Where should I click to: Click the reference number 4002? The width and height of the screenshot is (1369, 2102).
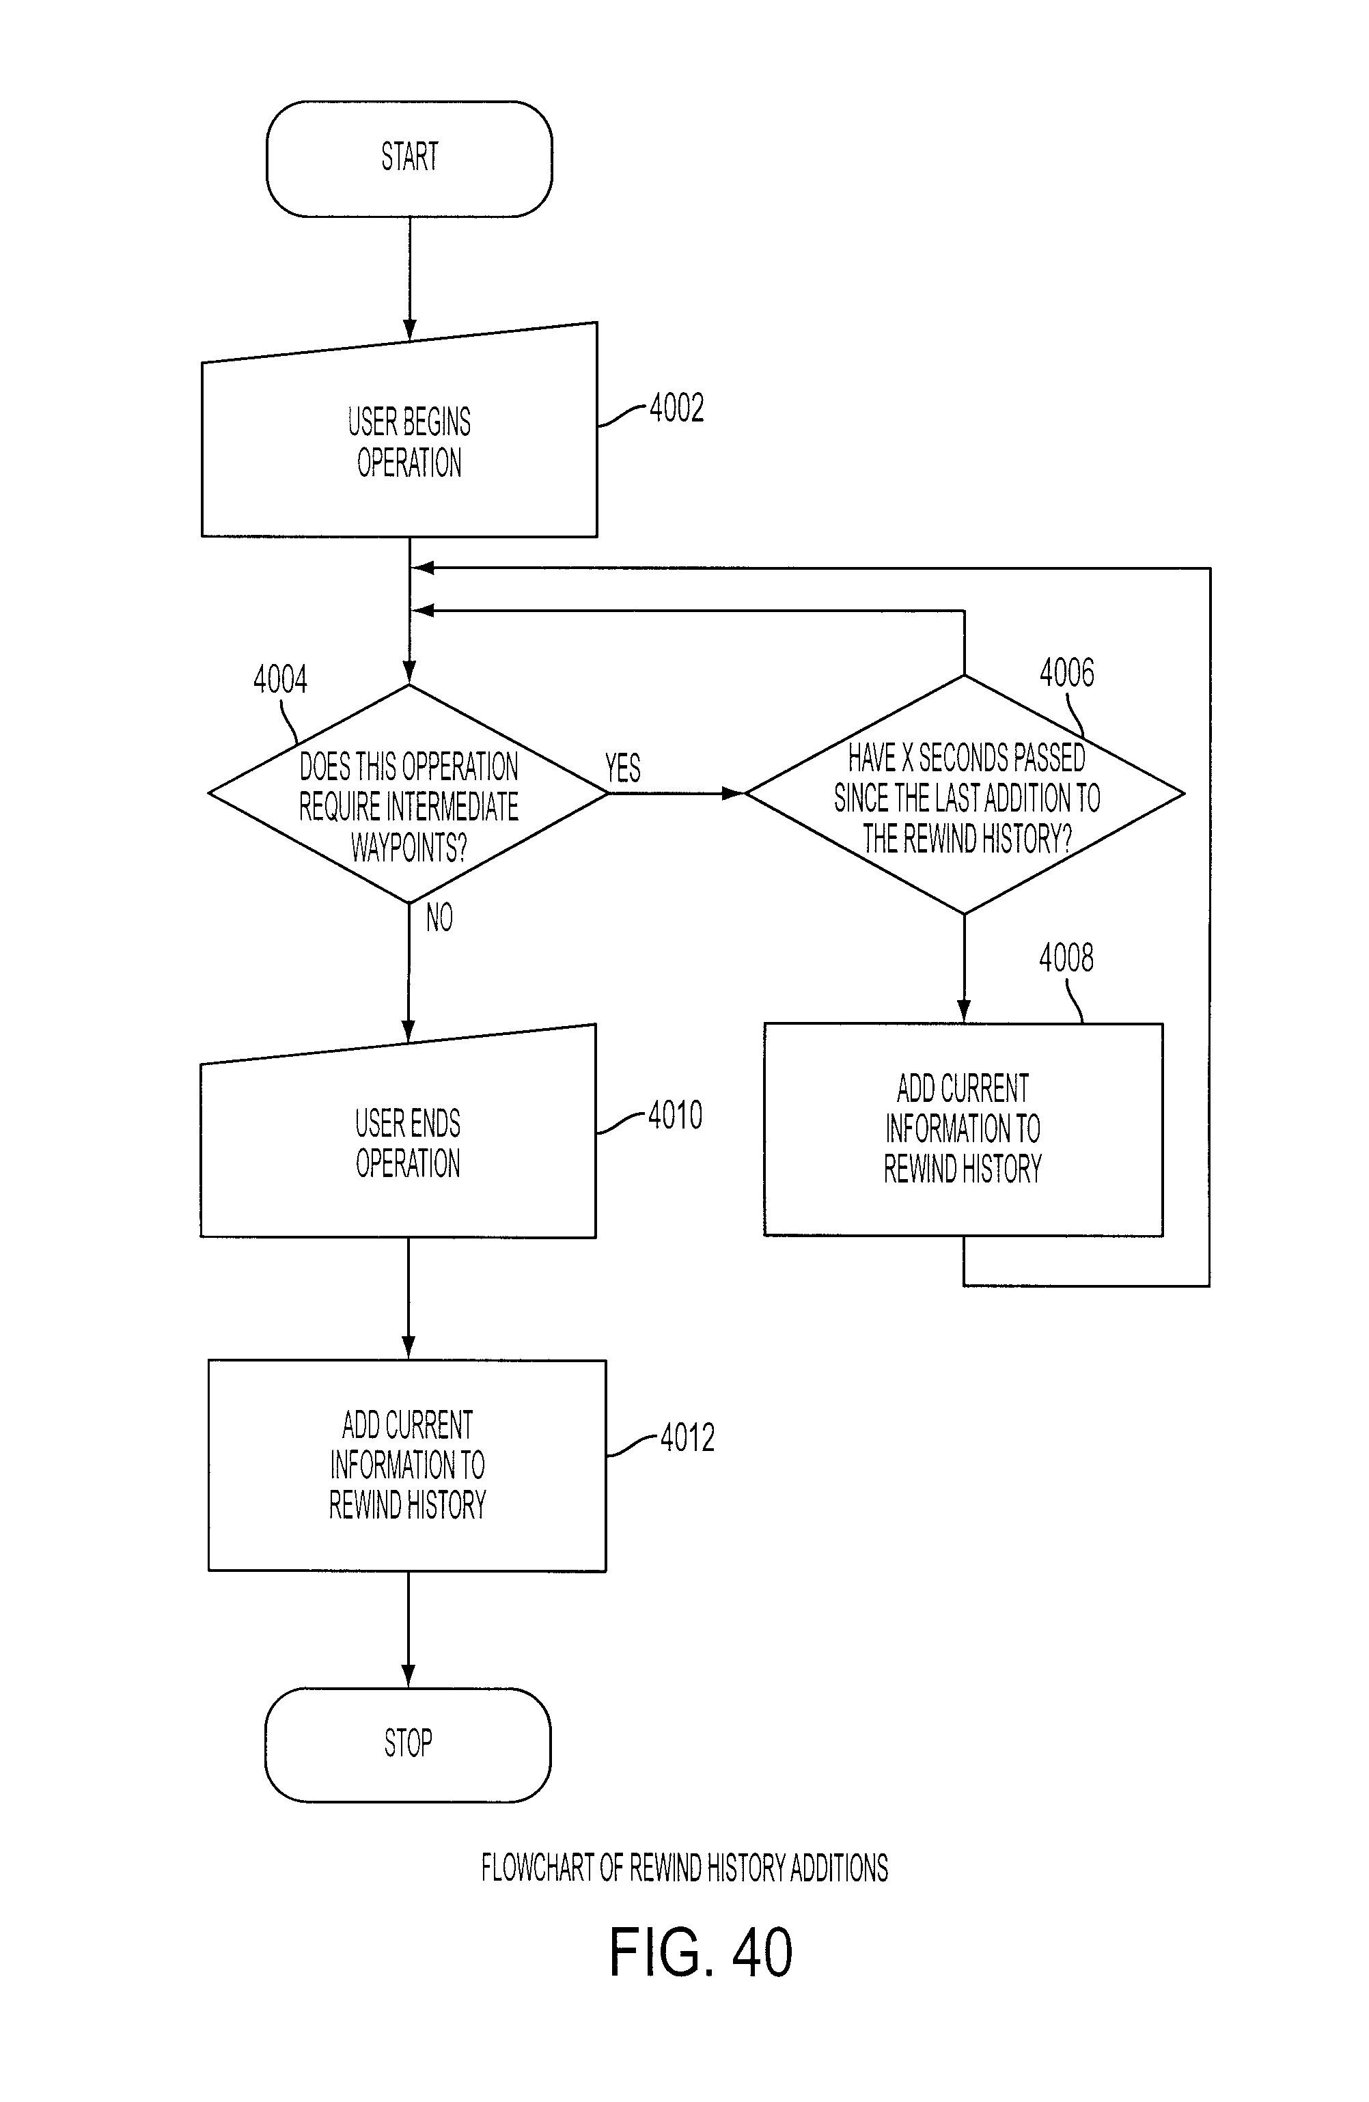676,408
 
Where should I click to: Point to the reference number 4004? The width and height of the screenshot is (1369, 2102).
280,679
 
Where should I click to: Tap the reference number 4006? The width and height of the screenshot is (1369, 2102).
1066,672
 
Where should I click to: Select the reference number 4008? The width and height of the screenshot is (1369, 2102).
1066,957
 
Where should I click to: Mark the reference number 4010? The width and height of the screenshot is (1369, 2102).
676,1115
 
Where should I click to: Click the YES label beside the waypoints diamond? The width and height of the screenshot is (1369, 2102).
622,767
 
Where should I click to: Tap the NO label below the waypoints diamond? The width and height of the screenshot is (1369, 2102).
439,917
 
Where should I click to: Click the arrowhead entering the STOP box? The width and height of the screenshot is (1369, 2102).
408,1676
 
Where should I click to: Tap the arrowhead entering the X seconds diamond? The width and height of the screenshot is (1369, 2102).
733,794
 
